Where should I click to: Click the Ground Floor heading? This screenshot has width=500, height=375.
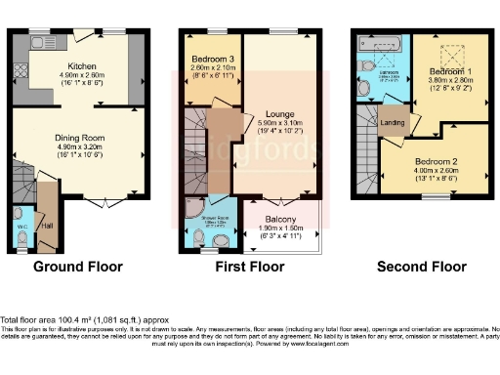point(78,266)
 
